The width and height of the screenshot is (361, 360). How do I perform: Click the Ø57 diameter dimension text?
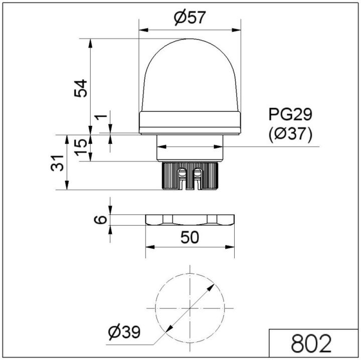pyautogui.click(x=190, y=19)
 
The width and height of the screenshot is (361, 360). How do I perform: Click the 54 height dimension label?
pyautogui.click(x=81, y=88)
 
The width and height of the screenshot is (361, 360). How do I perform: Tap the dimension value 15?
pyautogui.click(x=81, y=147)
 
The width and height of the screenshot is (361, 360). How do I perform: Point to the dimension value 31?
pyautogui.click(x=58, y=162)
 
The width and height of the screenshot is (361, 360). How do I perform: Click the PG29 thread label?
pyautogui.click(x=290, y=115)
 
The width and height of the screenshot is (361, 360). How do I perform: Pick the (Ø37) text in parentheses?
pyautogui.click(x=290, y=134)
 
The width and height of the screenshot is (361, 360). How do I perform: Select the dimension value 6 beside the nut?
pyautogui.click(x=101, y=219)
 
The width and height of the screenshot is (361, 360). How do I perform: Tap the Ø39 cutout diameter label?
pyautogui.click(x=124, y=331)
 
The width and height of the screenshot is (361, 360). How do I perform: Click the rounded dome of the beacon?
pyautogui.click(x=190, y=75)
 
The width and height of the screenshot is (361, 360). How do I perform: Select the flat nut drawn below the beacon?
pyautogui.click(x=190, y=220)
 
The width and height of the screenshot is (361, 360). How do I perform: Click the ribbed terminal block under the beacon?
pyautogui.click(x=190, y=176)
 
